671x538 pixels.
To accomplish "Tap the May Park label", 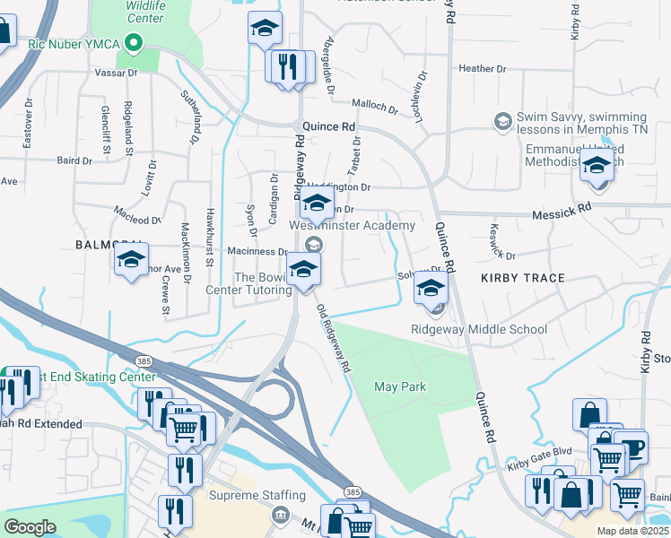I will [x=399, y=386].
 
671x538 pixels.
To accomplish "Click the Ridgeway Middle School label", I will [x=478, y=329].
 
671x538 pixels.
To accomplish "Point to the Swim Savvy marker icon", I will [x=502, y=120].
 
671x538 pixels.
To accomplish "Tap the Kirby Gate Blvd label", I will [x=539, y=455].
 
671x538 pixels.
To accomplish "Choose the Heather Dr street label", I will [x=482, y=68].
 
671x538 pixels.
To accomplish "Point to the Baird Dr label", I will [x=74, y=161].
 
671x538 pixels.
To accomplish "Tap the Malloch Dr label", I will [x=374, y=108].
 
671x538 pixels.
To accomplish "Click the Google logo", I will [x=30, y=526].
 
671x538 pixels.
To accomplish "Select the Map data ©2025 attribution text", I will [x=632, y=531].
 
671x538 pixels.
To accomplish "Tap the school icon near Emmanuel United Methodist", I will [x=597, y=166].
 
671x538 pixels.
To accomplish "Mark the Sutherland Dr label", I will [x=190, y=117].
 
